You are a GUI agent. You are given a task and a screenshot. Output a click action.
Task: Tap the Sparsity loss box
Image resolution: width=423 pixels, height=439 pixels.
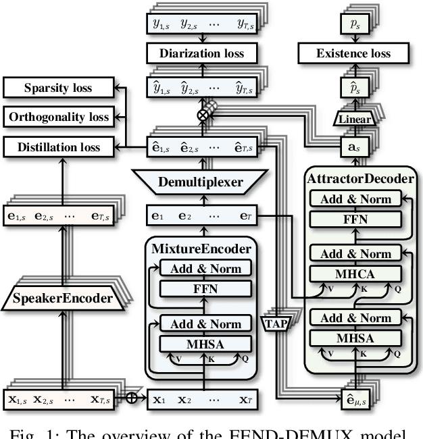pos(57,88)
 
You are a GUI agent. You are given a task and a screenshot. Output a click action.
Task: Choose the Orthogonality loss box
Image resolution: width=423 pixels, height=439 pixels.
pos(57,117)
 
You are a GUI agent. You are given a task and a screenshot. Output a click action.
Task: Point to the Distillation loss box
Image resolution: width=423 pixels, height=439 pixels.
pos(57,147)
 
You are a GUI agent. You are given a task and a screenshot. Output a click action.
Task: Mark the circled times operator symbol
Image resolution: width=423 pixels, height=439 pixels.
pos(202,115)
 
